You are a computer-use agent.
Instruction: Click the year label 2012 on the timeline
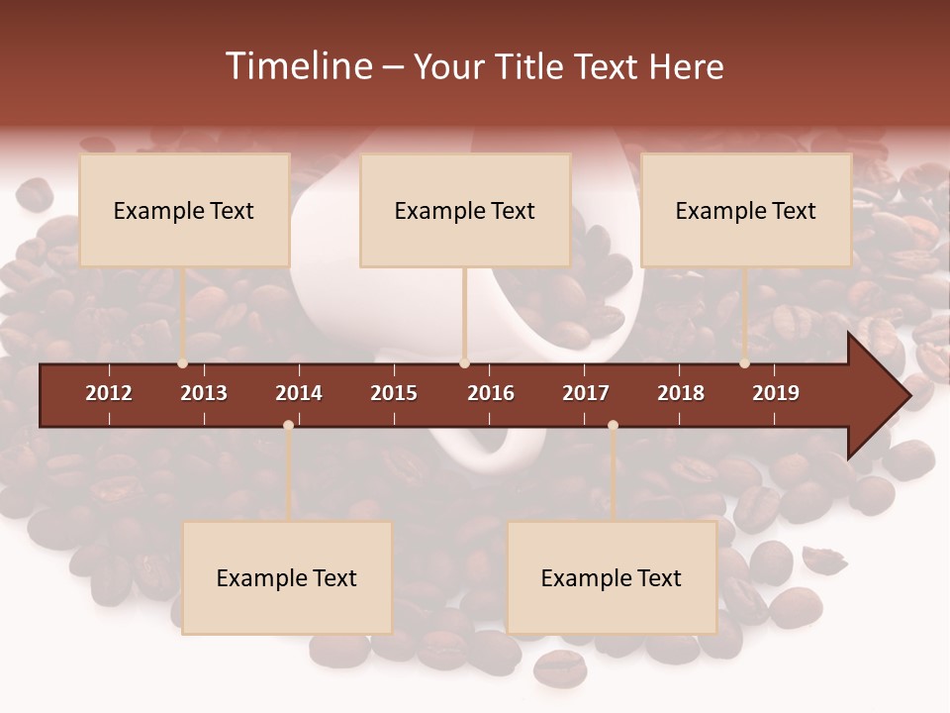click(109, 393)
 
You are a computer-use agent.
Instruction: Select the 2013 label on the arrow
click(204, 393)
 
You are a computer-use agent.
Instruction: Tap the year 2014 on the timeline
click(299, 393)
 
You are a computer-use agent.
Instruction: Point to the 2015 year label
click(394, 393)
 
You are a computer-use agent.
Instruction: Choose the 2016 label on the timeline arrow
click(491, 393)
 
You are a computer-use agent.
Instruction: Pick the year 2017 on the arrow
click(586, 393)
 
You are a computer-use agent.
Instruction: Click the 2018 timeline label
click(681, 393)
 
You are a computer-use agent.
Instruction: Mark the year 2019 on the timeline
click(776, 393)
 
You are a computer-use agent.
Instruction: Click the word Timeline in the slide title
click(299, 66)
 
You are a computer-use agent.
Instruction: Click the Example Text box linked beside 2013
click(184, 210)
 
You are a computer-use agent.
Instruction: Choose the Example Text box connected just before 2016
click(465, 210)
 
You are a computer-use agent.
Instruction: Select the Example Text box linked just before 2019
click(746, 210)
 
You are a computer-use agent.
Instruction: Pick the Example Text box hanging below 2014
click(287, 577)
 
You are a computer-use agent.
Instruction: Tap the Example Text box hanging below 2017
click(612, 577)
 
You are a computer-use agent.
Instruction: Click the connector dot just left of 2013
click(182, 363)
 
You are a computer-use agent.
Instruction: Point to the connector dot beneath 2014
click(288, 425)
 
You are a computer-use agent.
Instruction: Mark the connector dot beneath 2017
click(613, 425)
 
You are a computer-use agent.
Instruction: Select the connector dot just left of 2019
click(744, 363)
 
